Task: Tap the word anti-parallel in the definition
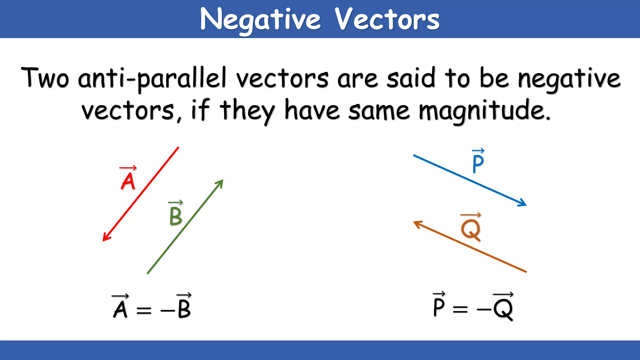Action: (152, 78)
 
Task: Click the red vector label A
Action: (128, 181)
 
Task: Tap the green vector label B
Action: (176, 216)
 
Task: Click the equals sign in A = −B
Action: (144, 310)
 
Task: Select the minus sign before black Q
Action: (484, 309)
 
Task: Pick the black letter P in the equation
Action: (439, 307)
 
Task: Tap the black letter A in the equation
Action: (120, 309)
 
